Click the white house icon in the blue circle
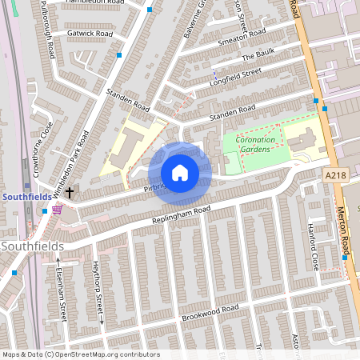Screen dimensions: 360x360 click(180, 173)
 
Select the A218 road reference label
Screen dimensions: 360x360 click(336, 174)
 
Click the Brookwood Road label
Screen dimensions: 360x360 click(210, 309)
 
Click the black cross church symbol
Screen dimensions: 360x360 click(70, 192)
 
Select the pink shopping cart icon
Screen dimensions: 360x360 click(57, 210)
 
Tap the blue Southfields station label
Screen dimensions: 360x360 click(26, 196)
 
